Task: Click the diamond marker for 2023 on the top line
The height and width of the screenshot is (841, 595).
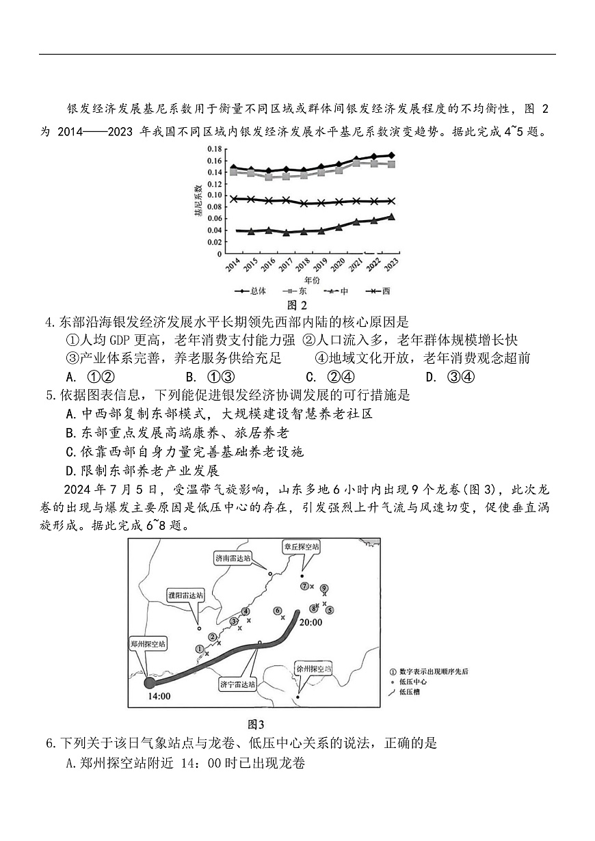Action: [x=391, y=155]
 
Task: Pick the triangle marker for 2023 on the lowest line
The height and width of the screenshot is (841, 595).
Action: [x=391, y=217]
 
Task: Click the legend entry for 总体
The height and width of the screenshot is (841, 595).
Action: [x=253, y=291]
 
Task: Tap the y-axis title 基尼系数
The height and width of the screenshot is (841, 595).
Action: [x=198, y=201]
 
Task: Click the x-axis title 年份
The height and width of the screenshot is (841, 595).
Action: [x=311, y=279]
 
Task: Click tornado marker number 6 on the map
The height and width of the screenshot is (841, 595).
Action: [x=278, y=610]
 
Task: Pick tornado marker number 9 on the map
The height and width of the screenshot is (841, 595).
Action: [x=324, y=588]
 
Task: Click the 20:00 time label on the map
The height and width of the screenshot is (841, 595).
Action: [x=310, y=622]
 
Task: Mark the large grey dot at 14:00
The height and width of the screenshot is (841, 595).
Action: [x=150, y=682]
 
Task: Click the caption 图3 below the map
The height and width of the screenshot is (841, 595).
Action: [x=255, y=724]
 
